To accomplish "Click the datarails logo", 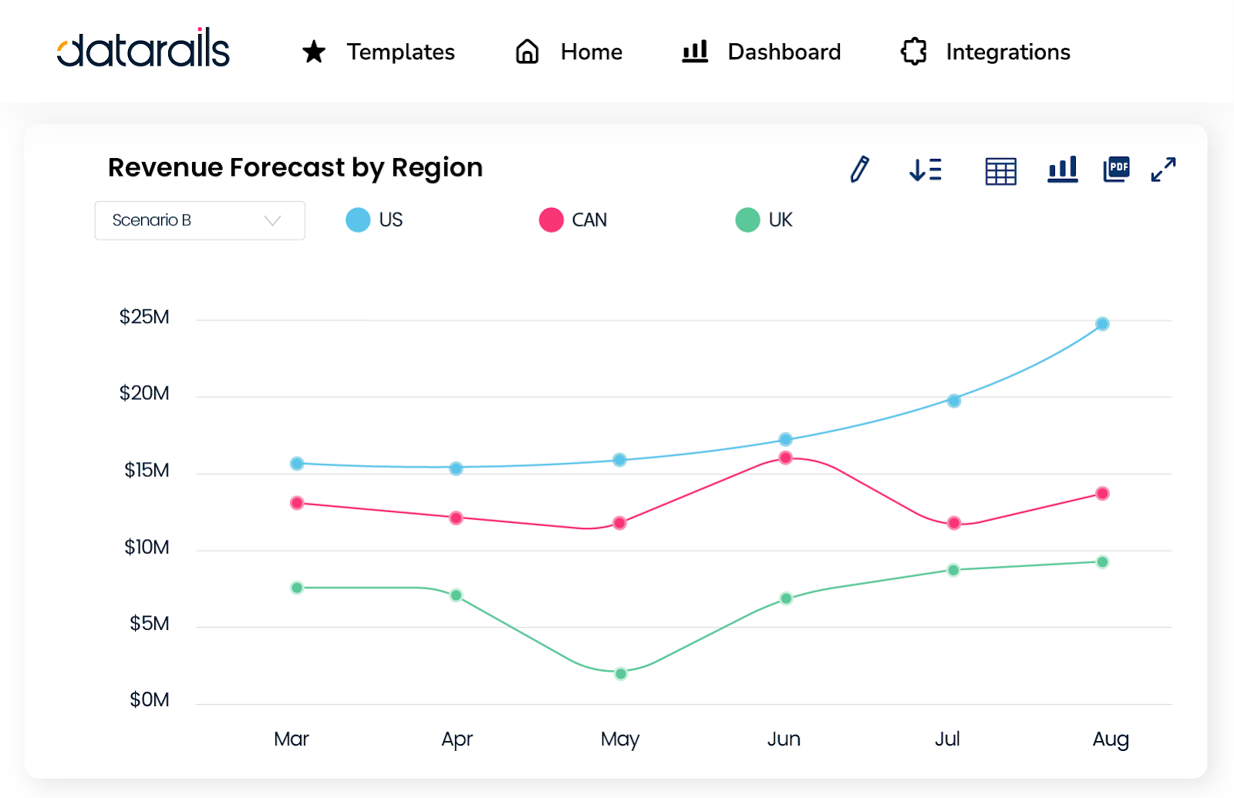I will (143, 49).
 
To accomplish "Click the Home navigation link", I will (569, 52).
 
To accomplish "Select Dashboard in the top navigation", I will (761, 52).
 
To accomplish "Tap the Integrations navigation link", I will (985, 52).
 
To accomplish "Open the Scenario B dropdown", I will (200, 221).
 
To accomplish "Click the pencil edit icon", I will (859, 169).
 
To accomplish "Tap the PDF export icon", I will (1116, 169).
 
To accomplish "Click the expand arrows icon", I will (1163, 170).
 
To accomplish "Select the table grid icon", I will (1000, 170).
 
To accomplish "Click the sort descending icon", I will (925, 170).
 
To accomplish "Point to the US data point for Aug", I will (1102, 324).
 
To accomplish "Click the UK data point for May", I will (620, 674).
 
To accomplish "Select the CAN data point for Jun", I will (785, 458).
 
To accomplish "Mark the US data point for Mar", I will (297, 463).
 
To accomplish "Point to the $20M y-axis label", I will (144, 393).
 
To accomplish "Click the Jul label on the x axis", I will (947, 739).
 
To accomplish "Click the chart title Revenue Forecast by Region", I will (295, 167).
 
